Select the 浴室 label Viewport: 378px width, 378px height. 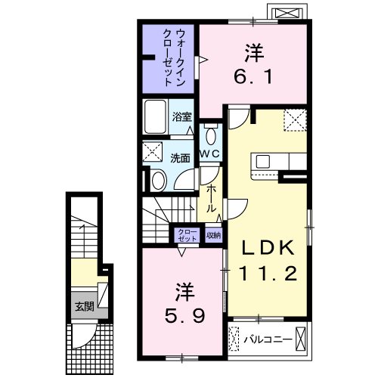(x=181, y=117)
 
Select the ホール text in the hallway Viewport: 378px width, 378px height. (x=212, y=199)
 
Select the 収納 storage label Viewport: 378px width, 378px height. (x=215, y=234)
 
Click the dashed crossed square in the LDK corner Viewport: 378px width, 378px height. (x=294, y=119)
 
